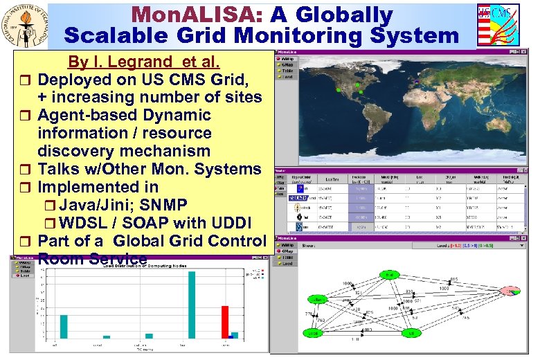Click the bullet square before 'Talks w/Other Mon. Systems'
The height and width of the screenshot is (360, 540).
(x=26, y=170)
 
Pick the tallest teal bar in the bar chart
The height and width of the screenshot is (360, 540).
(x=192, y=305)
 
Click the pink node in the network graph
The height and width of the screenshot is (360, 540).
(x=512, y=292)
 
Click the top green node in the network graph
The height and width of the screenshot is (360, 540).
(x=390, y=276)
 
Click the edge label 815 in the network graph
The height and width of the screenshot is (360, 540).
(x=453, y=280)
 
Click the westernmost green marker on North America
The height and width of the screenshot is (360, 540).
(x=337, y=90)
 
